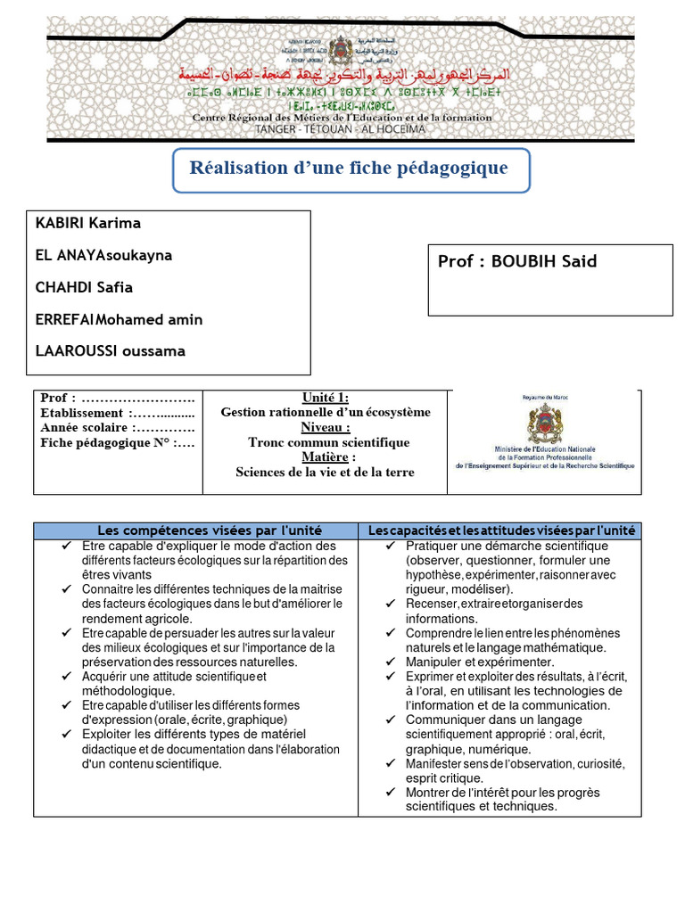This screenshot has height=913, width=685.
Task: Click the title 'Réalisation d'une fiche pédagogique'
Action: click(x=349, y=168)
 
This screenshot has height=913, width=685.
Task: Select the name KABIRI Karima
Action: click(x=87, y=223)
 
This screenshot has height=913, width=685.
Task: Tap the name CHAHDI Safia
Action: click(x=84, y=287)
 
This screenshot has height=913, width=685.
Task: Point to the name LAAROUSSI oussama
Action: click(x=110, y=350)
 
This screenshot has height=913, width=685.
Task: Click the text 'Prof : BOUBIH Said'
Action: click(x=517, y=261)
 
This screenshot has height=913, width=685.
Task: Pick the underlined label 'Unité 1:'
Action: click(x=326, y=398)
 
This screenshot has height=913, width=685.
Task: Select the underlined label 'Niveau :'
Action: click(x=326, y=427)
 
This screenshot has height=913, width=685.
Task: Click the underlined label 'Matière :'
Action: click(x=326, y=457)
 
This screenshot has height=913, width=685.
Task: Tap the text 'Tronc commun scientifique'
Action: click(x=328, y=442)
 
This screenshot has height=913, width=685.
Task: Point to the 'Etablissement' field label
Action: click(x=82, y=413)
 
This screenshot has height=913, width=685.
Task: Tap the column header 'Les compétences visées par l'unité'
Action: click(x=196, y=531)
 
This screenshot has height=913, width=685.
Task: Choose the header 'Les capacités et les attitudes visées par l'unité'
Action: click(x=501, y=531)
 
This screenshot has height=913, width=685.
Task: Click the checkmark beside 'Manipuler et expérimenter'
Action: click(x=392, y=662)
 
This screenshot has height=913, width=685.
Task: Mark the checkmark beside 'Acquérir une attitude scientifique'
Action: click(x=68, y=677)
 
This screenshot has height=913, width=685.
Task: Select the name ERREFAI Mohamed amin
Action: click(x=119, y=319)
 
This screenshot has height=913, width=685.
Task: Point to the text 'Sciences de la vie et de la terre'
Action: click(x=326, y=473)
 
